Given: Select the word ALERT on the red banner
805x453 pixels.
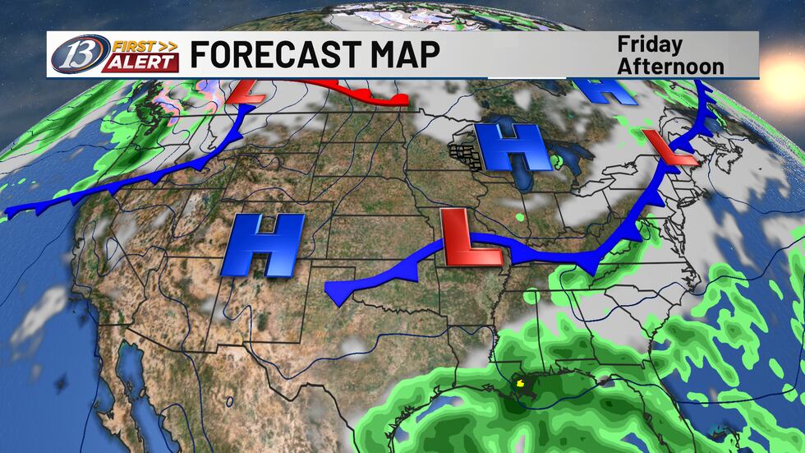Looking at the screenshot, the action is point(140,62).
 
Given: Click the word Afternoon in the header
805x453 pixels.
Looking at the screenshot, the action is point(670,65).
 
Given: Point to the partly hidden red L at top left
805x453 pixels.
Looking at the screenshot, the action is point(251,90).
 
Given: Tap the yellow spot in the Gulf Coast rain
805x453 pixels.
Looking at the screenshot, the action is point(518,381).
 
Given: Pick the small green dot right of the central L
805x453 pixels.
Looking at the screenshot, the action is point(521,218).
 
